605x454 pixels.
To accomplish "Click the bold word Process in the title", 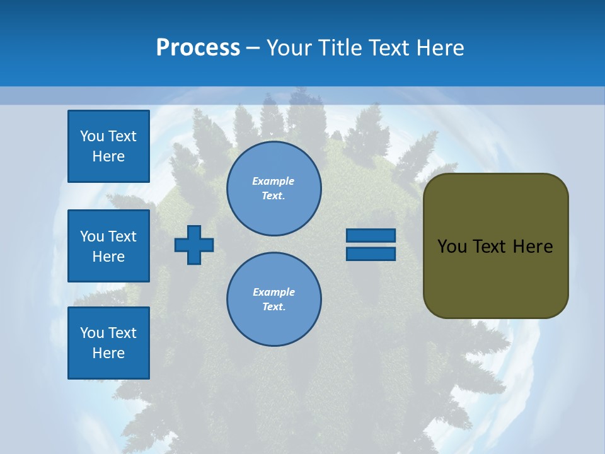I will click(x=198, y=48).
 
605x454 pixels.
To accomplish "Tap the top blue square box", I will click(x=108, y=146).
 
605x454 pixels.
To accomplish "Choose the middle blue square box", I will click(x=108, y=246).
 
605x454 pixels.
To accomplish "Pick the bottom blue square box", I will click(x=108, y=343).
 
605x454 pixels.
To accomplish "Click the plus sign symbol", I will click(x=194, y=245).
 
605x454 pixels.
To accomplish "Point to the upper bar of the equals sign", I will click(x=371, y=235).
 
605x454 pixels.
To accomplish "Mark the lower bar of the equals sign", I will click(x=371, y=253).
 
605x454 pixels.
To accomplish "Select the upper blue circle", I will click(x=274, y=189).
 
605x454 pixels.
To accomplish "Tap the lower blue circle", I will click(x=274, y=300).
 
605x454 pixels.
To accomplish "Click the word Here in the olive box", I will click(x=533, y=247).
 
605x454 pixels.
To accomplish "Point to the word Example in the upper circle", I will click(x=274, y=181).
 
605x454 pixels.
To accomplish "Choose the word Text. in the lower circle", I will click(x=274, y=307).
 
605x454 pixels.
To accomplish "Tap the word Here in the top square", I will click(x=108, y=156).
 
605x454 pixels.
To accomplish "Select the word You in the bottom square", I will click(x=92, y=333).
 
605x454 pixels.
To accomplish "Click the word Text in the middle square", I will click(x=122, y=236).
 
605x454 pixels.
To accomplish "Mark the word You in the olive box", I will click(x=452, y=247).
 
